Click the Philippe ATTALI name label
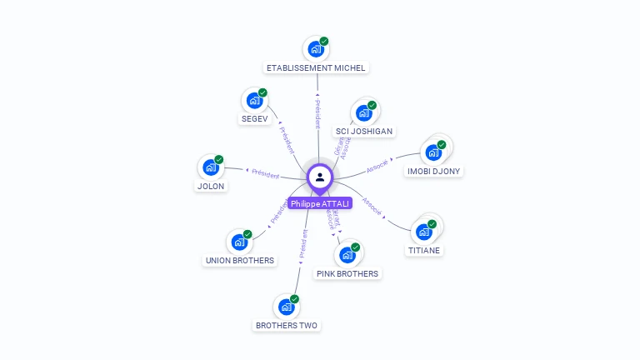(x=320, y=203)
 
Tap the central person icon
(x=320, y=177)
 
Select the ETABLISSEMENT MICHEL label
(x=316, y=67)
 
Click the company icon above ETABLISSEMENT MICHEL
(x=316, y=49)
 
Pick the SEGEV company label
(x=254, y=119)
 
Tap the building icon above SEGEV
(x=254, y=101)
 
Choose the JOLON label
(x=211, y=186)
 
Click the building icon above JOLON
(x=211, y=167)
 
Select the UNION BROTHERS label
(x=239, y=260)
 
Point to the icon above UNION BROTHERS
(x=239, y=242)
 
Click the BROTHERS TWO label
(x=287, y=325)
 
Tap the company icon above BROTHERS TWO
(x=287, y=307)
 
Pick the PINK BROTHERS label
(x=347, y=273)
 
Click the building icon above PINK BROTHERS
(x=347, y=255)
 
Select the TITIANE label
(x=424, y=250)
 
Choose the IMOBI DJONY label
(x=434, y=171)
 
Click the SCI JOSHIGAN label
(x=364, y=131)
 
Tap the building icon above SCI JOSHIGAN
(x=364, y=113)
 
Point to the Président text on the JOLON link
(x=265, y=173)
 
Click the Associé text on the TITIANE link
(x=372, y=206)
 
